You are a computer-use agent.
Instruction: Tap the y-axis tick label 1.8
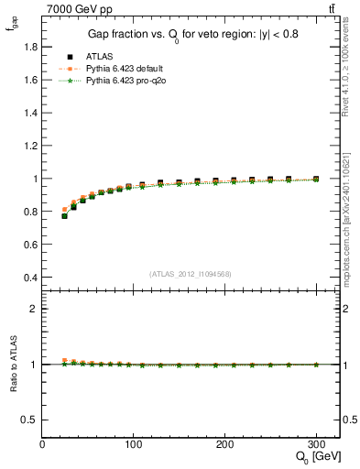[29, 47]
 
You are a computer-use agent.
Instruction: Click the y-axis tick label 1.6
[29, 80]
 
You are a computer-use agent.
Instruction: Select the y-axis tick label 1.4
[29, 113]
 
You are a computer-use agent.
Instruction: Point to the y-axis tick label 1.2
[29, 146]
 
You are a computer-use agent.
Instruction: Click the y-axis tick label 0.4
[29, 278]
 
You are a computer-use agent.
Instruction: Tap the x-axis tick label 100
[134, 444]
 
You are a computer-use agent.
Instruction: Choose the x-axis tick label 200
[225, 444]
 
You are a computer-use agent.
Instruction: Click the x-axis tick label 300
[317, 444]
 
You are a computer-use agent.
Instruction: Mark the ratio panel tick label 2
[35, 309]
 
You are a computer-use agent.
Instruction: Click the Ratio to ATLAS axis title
[12, 364]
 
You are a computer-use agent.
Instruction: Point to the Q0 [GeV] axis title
[314, 457]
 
